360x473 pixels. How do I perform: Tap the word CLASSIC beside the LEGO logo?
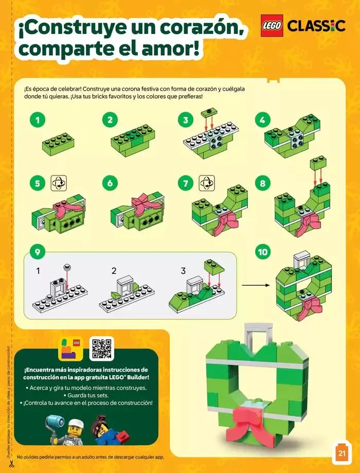(x=316, y=26)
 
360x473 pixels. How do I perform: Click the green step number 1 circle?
(x=37, y=120)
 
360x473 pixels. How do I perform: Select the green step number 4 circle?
(x=262, y=120)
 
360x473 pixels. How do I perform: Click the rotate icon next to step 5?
(x=58, y=183)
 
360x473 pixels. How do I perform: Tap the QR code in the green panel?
(x=101, y=349)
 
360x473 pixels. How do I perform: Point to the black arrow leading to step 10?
(x=257, y=284)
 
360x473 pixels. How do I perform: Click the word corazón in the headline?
(x=196, y=27)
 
